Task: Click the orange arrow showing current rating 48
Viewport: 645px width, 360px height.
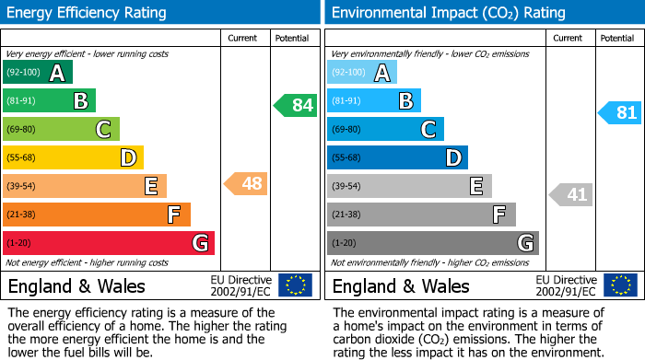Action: click(x=246, y=184)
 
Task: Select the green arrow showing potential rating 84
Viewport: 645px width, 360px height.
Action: click(x=295, y=105)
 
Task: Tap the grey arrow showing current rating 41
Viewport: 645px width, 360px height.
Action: click(x=571, y=194)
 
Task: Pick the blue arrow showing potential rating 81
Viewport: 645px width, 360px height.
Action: click(x=620, y=113)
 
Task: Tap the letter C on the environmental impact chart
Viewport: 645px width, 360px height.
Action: click(x=428, y=130)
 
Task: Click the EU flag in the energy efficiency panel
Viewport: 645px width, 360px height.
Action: click(x=295, y=285)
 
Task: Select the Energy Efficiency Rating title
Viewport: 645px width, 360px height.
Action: click(x=88, y=13)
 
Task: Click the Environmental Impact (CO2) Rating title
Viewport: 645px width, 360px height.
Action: click(x=448, y=13)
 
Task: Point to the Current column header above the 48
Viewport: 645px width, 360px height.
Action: click(x=243, y=39)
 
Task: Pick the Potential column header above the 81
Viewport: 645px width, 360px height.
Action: click(x=617, y=39)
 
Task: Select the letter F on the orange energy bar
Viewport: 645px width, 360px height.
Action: click(x=173, y=215)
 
